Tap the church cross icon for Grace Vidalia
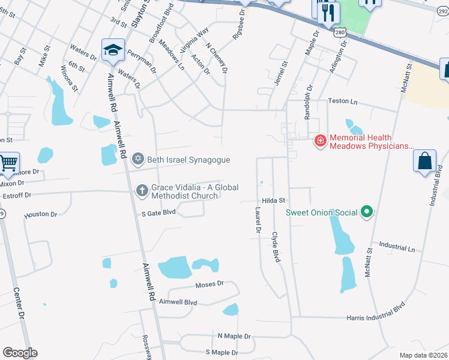click(x=142, y=190)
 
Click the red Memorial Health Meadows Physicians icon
click(x=321, y=141)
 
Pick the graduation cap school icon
click(x=112, y=50)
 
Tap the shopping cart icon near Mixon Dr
click(x=8, y=163)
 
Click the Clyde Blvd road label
click(x=276, y=247)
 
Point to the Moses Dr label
click(x=209, y=283)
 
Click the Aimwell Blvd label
click(x=178, y=302)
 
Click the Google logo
click(x=20, y=353)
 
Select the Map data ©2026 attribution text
click(x=423, y=355)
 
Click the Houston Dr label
click(x=41, y=214)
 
